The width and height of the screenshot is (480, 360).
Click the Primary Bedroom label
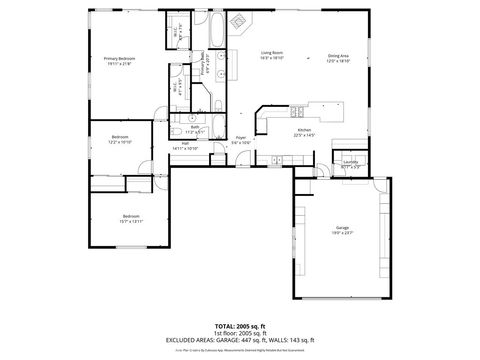119,58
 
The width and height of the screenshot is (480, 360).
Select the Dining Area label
339,55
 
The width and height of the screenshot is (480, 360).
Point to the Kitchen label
304,130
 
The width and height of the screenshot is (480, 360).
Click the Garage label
343,228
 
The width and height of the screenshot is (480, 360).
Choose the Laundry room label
351,160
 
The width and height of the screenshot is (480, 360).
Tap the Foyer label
241,138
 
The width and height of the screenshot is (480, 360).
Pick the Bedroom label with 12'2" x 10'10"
120,136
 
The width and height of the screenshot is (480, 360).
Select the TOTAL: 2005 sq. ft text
239,327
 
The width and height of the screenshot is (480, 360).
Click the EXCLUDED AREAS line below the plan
239,340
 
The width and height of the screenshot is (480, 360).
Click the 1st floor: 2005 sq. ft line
239,334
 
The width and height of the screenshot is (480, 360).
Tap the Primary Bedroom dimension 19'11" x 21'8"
119,64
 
